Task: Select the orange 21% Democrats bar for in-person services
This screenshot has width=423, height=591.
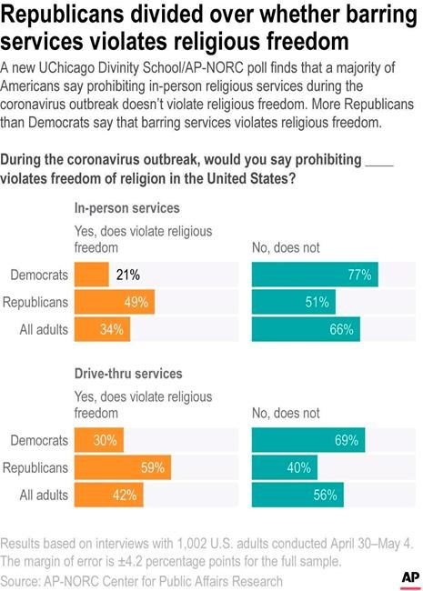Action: coord(91,274)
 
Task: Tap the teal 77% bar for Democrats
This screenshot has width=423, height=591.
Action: coord(314,274)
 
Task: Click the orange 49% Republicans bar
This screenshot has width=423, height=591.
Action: coord(115,302)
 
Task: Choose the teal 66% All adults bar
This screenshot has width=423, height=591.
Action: coord(306,329)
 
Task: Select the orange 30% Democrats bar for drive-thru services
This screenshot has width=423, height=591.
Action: coord(99,440)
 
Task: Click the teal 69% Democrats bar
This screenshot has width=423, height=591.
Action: coord(307,440)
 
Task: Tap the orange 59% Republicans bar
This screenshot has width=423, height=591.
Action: coord(123,467)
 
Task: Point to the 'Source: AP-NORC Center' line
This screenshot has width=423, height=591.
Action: coord(141,579)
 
